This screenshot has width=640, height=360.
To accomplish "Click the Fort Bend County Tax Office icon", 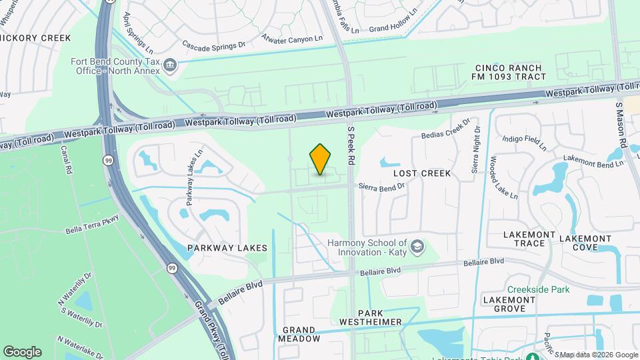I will [x=170, y=65].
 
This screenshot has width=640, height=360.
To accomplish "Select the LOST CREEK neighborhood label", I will [x=422, y=173].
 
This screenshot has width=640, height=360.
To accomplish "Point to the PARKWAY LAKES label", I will [x=227, y=248].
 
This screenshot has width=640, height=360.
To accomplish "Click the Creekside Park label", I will [x=538, y=289].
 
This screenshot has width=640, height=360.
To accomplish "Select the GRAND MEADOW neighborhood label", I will [x=299, y=334].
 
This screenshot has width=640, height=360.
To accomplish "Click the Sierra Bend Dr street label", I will [x=382, y=187].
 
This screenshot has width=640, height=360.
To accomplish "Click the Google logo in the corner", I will [x=22, y=352].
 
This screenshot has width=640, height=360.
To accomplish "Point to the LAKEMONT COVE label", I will [x=585, y=243].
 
